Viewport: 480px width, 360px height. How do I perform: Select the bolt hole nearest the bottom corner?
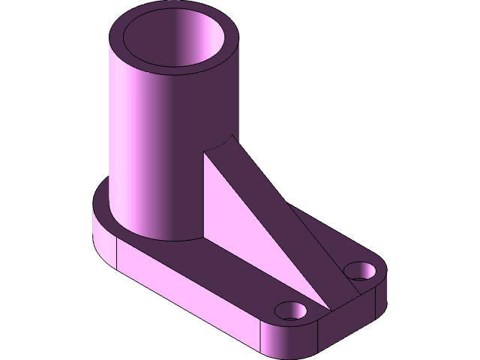click(290, 309)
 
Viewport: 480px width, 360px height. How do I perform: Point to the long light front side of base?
click(187, 292)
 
